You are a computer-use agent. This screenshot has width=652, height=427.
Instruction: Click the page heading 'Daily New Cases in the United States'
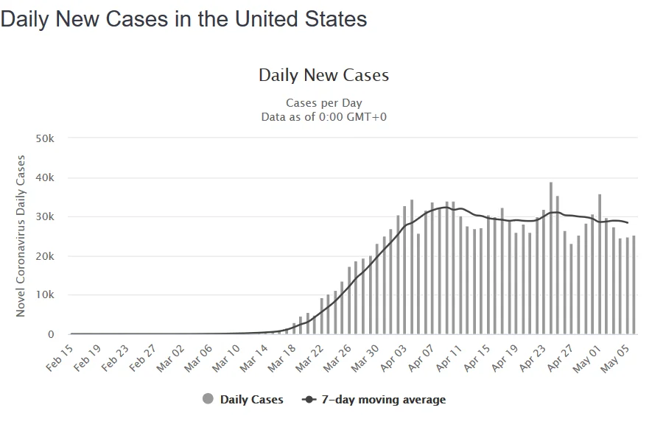coord(184,19)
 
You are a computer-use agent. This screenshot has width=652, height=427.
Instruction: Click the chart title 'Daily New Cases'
coord(323,75)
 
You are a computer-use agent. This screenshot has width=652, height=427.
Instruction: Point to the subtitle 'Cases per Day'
coord(323,103)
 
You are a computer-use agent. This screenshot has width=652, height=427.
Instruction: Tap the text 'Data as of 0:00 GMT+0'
coord(323,116)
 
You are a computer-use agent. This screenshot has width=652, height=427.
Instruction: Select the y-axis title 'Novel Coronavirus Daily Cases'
coord(21,236)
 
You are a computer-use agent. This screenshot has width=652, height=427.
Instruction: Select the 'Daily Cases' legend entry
coord(243,400)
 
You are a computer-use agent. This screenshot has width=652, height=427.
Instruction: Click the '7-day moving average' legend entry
coord(374,400)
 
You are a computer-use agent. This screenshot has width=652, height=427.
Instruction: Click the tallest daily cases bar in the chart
coord(551,258)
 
